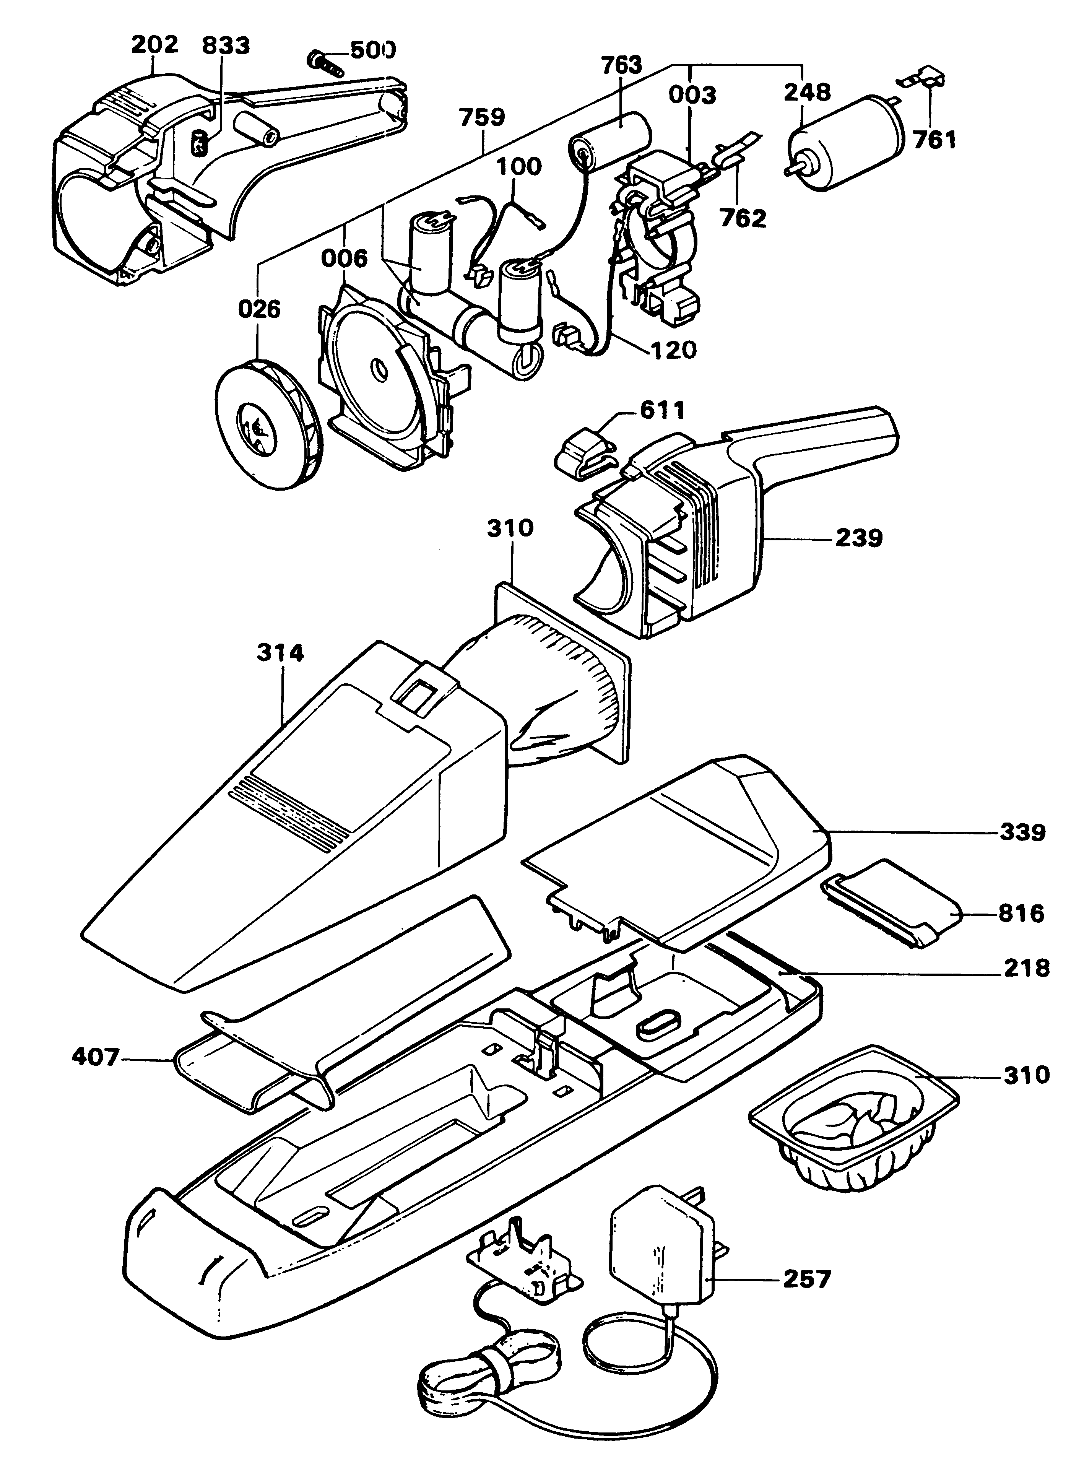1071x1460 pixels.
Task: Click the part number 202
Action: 154,45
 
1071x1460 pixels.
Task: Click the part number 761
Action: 934,140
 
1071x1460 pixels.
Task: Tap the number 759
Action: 482,118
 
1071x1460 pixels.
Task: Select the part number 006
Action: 344,259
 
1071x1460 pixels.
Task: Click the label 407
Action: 96,1059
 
